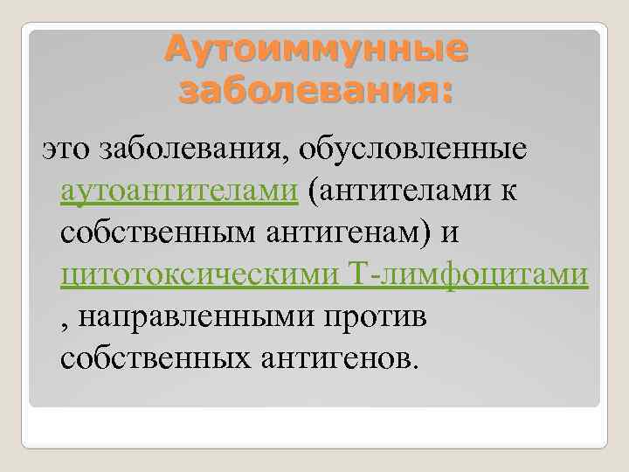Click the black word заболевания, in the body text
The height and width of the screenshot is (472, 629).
click(190, 149)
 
